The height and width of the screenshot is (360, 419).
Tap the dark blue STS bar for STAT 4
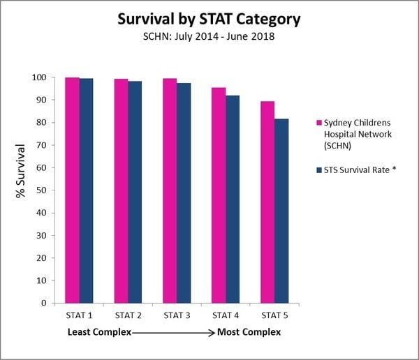[x=233, y=199]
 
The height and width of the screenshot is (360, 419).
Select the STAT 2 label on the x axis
[x=128, y=316]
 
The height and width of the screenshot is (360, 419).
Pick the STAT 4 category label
[x=226, y=316]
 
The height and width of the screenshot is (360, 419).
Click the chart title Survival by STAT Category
[x=209, y=19]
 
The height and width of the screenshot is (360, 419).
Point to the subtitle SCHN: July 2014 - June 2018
[x=209, y=36]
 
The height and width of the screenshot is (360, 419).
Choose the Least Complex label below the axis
[x=98, y=332]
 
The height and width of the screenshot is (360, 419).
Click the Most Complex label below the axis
[x=249, y=332]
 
